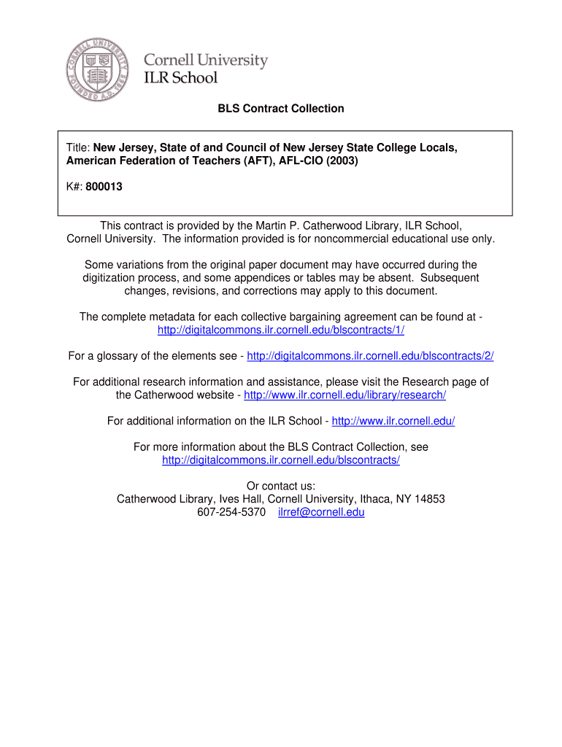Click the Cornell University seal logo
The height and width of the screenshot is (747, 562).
pyautogui.click(x=97, y=70)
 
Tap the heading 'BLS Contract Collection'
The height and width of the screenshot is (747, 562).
pyautogui.click(x=281, y=109)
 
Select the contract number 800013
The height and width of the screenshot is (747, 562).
pyautogui.click(x=104, y=187)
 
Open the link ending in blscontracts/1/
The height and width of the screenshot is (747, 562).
pyautogui.click(x=281, y=330)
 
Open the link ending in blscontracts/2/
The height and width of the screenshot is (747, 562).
pyautogui.click(x=370, y=356)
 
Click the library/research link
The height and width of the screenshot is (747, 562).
pyautogui.click(x=344, y=395)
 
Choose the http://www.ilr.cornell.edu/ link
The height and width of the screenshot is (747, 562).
pyautogui.click(x=393, y=421)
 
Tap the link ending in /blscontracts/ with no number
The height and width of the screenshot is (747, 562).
pyautogui.click(x=281, y=460)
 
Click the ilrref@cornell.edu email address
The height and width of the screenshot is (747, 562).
pyautogui.click(x=321, y=512)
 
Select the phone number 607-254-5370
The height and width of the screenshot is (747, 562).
pyautogui.click(x=231, y=512)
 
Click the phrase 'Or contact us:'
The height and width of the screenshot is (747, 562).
pyautogui.click(x=281, y=486)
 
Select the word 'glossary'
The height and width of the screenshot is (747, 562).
pyautogui.click(x=118, y=356)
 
